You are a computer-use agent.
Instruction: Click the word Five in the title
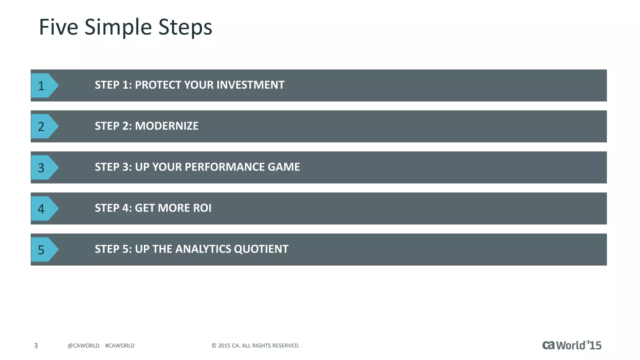[x=58, y=27]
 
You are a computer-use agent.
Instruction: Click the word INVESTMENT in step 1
[x=250, y=85]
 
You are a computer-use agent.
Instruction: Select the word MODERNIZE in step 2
[x=167, y=126]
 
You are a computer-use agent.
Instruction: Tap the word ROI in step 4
[x=202, y=208]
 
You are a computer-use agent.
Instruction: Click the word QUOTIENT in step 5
[x=261, y=249]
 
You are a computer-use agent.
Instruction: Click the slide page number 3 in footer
[x=36, y=346]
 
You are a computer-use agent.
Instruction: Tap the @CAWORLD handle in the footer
[x=83, y=346]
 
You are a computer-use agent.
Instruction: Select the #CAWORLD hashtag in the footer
[x=120, y=346]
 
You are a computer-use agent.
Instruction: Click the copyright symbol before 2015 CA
[x=214, y=346]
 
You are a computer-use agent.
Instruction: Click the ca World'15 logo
[x=572, y=345]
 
